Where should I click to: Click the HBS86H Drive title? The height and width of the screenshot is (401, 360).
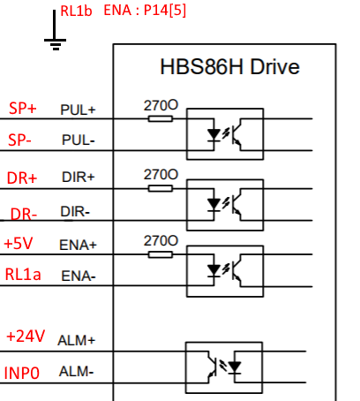229,67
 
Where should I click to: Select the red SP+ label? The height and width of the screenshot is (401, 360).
23,109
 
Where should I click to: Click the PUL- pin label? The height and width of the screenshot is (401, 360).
79,140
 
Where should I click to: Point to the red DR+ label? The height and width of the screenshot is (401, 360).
22,178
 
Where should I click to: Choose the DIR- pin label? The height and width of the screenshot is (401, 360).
75,211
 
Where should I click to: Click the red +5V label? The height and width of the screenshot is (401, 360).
19,244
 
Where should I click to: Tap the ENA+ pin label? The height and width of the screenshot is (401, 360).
78,245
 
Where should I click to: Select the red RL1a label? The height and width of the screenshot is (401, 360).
23,275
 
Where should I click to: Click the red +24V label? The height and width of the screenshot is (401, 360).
26,336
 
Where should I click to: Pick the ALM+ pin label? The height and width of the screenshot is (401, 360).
77,341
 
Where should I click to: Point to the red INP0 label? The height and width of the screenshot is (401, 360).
22,373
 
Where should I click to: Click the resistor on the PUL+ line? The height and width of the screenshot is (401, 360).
161,118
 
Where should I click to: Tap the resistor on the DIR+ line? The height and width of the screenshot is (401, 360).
161,188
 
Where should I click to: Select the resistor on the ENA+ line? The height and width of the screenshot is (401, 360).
161,254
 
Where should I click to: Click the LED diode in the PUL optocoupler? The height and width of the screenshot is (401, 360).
214,135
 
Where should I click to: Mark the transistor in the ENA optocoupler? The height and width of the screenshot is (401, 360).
236,270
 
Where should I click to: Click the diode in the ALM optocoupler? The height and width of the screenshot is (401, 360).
235,367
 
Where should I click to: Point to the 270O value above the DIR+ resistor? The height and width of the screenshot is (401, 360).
161,175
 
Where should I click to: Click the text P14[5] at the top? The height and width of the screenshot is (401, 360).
165,11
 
